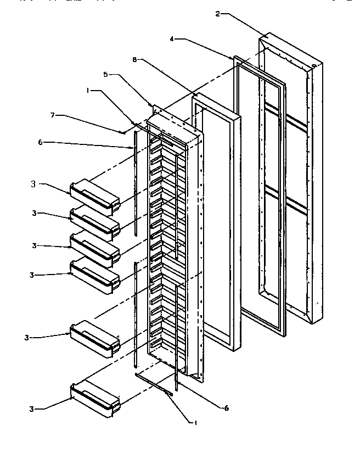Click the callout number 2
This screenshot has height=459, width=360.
[218, 14]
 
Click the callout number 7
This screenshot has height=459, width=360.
[53, 115]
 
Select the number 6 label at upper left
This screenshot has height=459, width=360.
[40, 142]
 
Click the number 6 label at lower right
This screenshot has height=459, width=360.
[226, 408]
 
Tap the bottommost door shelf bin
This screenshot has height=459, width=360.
[95, 399]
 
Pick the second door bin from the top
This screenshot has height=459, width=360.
[95, 222]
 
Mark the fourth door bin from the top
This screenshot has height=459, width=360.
[95, 276]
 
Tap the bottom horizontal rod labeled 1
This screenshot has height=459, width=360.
[154, 384]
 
